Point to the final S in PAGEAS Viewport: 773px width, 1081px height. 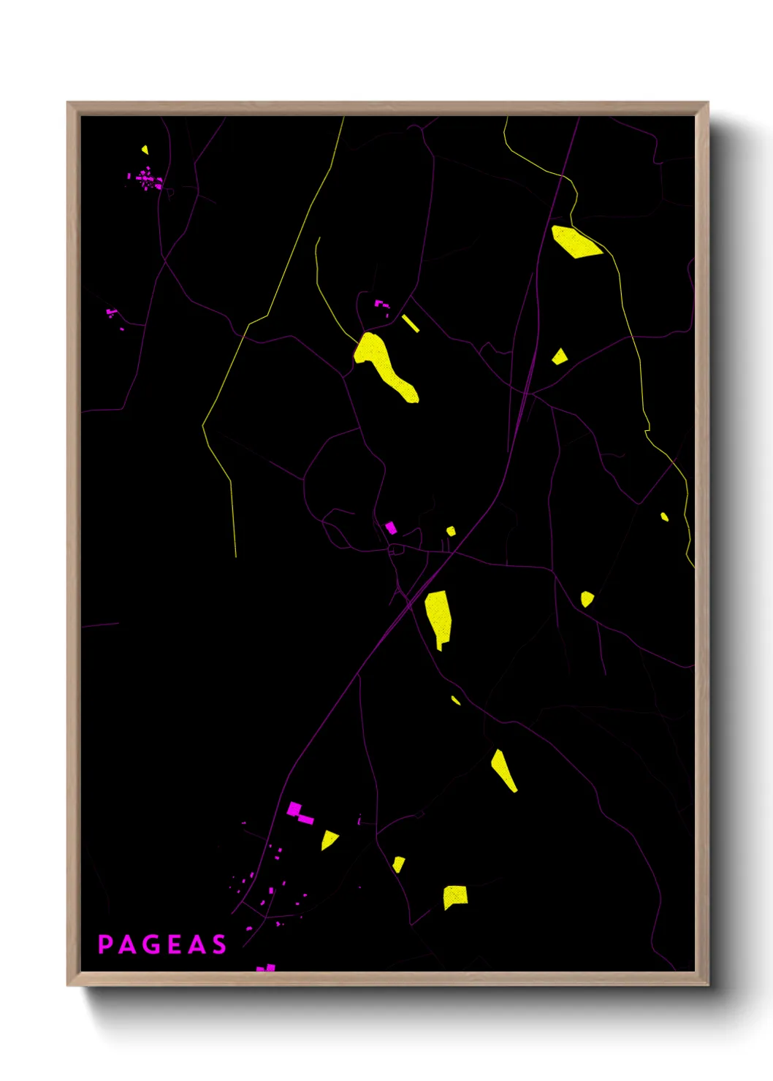click(219, 944)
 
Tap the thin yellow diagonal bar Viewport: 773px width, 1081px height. click(410, 323)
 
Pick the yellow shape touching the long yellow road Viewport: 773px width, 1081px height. click(575, 242)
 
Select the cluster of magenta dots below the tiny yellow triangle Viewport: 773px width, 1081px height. click(147, 179)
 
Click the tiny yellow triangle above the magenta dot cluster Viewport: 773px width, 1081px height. click(145, 150)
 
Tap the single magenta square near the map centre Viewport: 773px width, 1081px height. click(391, 527)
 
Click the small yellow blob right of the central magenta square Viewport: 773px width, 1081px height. click(451, 531)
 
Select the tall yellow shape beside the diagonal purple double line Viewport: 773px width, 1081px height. click(438, 616)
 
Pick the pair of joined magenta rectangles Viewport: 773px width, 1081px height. click(300, 814)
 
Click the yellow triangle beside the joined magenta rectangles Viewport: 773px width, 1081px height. click(329, 839)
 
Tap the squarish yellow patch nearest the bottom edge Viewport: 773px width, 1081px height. click(454, 896)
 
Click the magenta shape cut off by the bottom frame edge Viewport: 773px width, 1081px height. click(267, 968)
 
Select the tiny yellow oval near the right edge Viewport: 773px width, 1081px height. click(664, 516)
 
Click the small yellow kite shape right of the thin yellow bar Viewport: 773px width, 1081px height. click(560, 356)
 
